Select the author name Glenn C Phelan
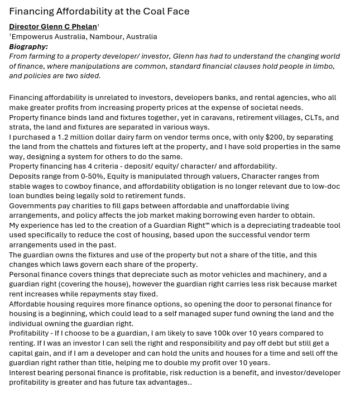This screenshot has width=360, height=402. pos(69,27)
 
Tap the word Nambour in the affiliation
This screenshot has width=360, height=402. pos(105,37)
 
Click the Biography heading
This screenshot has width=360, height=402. pos(28,47)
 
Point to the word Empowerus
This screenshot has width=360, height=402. pos(31,37)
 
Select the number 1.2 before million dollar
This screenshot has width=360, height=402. pos(64,137)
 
